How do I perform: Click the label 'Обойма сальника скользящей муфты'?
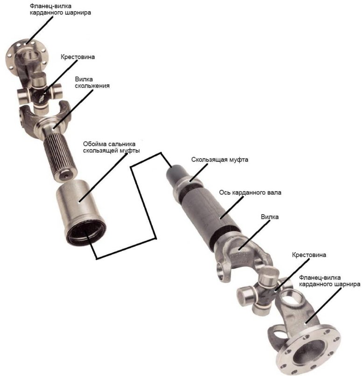click(x=112, y=147)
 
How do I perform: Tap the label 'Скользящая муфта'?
click(x=219, y=160)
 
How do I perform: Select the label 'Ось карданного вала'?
click(x=250, y=193)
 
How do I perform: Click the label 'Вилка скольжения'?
click(x=92, y=83)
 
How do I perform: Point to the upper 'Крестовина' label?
click(x=78, y=57)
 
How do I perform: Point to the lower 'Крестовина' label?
click(x=309, y=255)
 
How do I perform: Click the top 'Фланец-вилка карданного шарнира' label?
click(x=60, y=9)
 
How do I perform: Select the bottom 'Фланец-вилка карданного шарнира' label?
click(x=329, y=281)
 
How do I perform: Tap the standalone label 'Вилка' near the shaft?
click(x=270, y=217)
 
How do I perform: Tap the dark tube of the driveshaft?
click(x=206, y=213)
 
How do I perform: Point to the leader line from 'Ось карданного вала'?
click(x=232, y=207)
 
